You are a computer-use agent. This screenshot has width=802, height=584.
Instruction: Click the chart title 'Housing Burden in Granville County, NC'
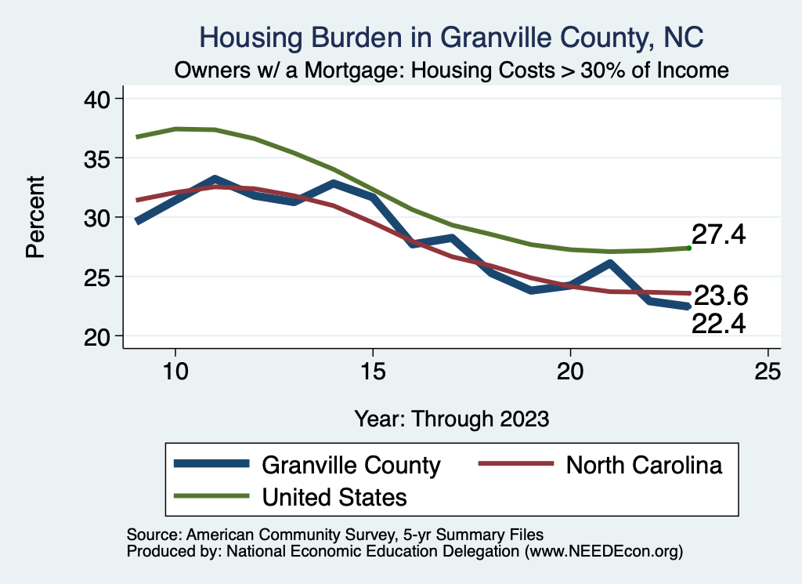click(452, 37)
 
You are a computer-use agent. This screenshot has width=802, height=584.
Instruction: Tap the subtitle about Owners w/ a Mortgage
click(452, 71)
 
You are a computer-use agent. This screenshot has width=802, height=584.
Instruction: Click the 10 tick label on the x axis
click(175, 372)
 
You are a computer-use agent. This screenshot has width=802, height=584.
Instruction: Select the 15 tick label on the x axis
click(372, 372)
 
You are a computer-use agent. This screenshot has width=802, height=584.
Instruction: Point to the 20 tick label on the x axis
click(569, 372)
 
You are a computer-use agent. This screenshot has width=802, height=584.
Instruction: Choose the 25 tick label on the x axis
click(767, 372)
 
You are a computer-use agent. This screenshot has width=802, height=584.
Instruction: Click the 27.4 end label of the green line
click(718, 234)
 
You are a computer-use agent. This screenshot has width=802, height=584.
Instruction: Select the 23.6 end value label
click(721, 296)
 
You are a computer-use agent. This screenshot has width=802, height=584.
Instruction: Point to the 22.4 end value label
click(718, 322)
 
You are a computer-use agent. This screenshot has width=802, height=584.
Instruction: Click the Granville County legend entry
click(351, 465)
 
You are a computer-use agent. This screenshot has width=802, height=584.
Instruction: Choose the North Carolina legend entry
click(643, 465)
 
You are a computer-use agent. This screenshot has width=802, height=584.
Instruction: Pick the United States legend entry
click(334, 496)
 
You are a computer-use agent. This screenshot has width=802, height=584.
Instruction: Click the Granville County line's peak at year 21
click(609, 264)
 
